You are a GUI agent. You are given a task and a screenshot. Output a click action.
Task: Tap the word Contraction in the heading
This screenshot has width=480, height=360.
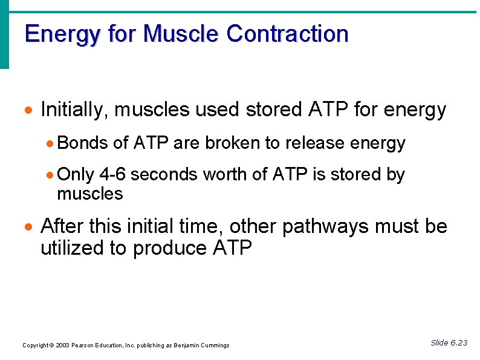point(288,34)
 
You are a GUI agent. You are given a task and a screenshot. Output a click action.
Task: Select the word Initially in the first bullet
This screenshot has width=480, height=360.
point(74,110)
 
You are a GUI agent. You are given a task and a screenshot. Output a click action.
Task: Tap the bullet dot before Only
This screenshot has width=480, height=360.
point(51,175)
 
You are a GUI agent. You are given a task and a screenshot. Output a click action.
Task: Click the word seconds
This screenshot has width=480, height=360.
point(164,175)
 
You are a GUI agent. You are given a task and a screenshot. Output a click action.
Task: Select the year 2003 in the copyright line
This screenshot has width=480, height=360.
point(61,345)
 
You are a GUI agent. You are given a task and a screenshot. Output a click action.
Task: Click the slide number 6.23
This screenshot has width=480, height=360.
point(458,343)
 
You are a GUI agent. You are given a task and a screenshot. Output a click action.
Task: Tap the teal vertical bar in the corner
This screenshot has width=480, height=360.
point(4,33)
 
